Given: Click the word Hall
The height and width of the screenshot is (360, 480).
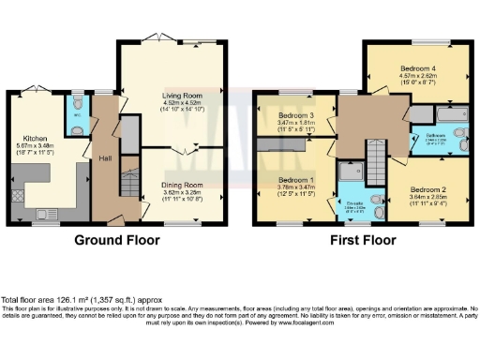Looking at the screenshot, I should pyautogui.click(x=104, y=159).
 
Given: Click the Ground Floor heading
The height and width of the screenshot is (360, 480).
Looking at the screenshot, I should pyautogui.click(x=116, y=240).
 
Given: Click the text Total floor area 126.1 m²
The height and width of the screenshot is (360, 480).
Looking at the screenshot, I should pyautogui.click(x=62, y=298).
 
